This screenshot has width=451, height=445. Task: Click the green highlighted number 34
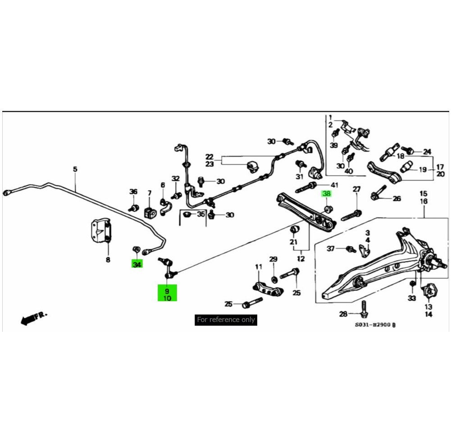click(137, 264)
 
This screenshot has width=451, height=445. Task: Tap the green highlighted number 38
click(325, 194)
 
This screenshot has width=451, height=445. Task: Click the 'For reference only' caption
click(226, 320)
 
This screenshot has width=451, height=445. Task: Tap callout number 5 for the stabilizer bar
click(75, 169)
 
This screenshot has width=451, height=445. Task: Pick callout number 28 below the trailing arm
click(343, 314)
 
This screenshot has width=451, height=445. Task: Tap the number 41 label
click(334, 185)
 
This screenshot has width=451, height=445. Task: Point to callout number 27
click(356, 189)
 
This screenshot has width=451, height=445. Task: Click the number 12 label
click(301, 259)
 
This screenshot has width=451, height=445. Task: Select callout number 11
click(259, 267)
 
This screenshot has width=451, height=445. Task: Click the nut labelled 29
click(274, 276)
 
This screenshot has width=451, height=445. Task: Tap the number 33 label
click(412, 298)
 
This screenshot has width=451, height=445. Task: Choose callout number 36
click(133, 192)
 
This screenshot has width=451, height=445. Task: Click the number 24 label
click(427, 151)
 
